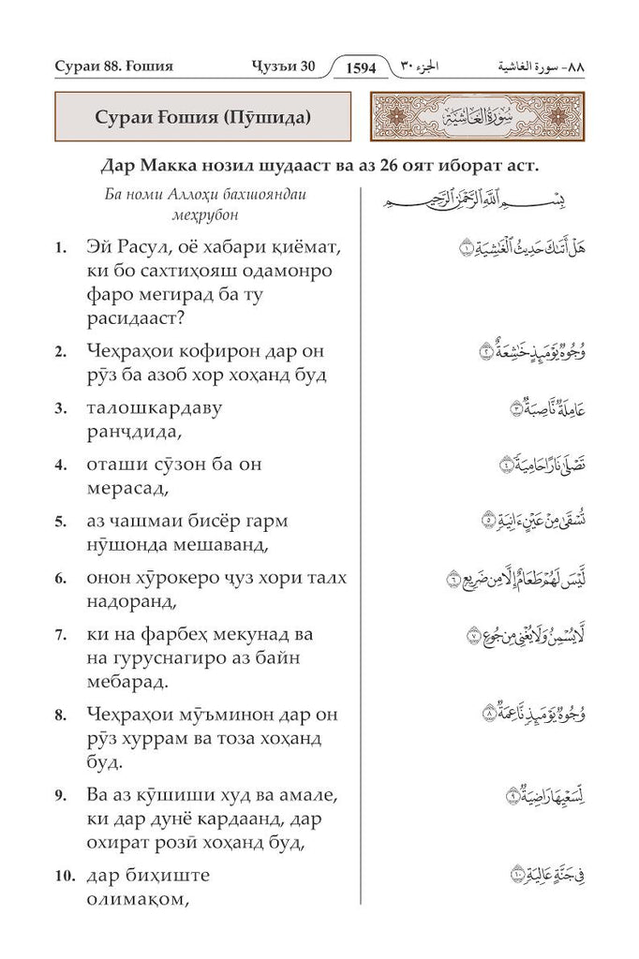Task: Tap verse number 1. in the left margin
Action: click(59, 250)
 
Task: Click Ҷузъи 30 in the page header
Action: click(285, 68)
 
